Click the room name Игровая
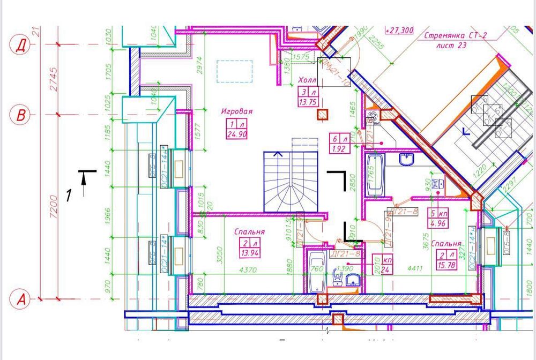[x=236, y=111]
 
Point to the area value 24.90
[x=236, y=134]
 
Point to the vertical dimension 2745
[x=49, y=79]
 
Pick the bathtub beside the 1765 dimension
[x=374, y=175]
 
